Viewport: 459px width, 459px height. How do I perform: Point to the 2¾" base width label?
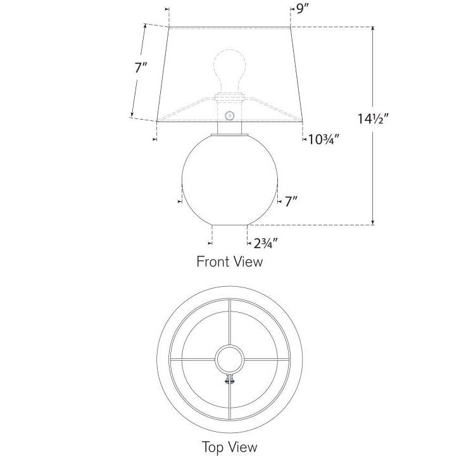tap(266, 242)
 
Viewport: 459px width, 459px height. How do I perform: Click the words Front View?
tap(229, 261)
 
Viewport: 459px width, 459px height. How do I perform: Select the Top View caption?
tap(229, 446)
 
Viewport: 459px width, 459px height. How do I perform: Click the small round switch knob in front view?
tap(229, 115)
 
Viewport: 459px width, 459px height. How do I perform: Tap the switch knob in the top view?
tap(229, 380)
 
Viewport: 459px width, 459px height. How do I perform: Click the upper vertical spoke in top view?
tap(229, 323)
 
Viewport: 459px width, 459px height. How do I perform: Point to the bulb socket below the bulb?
tap(229, 98)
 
